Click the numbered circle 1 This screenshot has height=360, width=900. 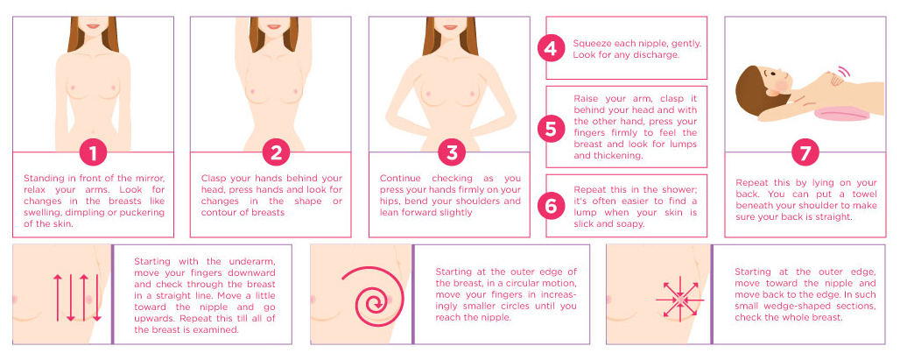pos(93,152)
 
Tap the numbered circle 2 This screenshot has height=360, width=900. pos(276,152)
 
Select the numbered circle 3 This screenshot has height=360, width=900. pos(451,152)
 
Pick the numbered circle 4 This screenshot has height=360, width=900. pos(551,49)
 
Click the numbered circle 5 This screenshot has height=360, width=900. pos(551,129)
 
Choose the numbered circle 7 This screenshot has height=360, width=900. pos(805,152)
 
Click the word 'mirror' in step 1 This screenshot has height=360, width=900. pos(149,179)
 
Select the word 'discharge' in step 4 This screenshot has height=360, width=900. pos(658,55)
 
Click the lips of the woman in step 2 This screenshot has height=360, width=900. pos(273,26)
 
